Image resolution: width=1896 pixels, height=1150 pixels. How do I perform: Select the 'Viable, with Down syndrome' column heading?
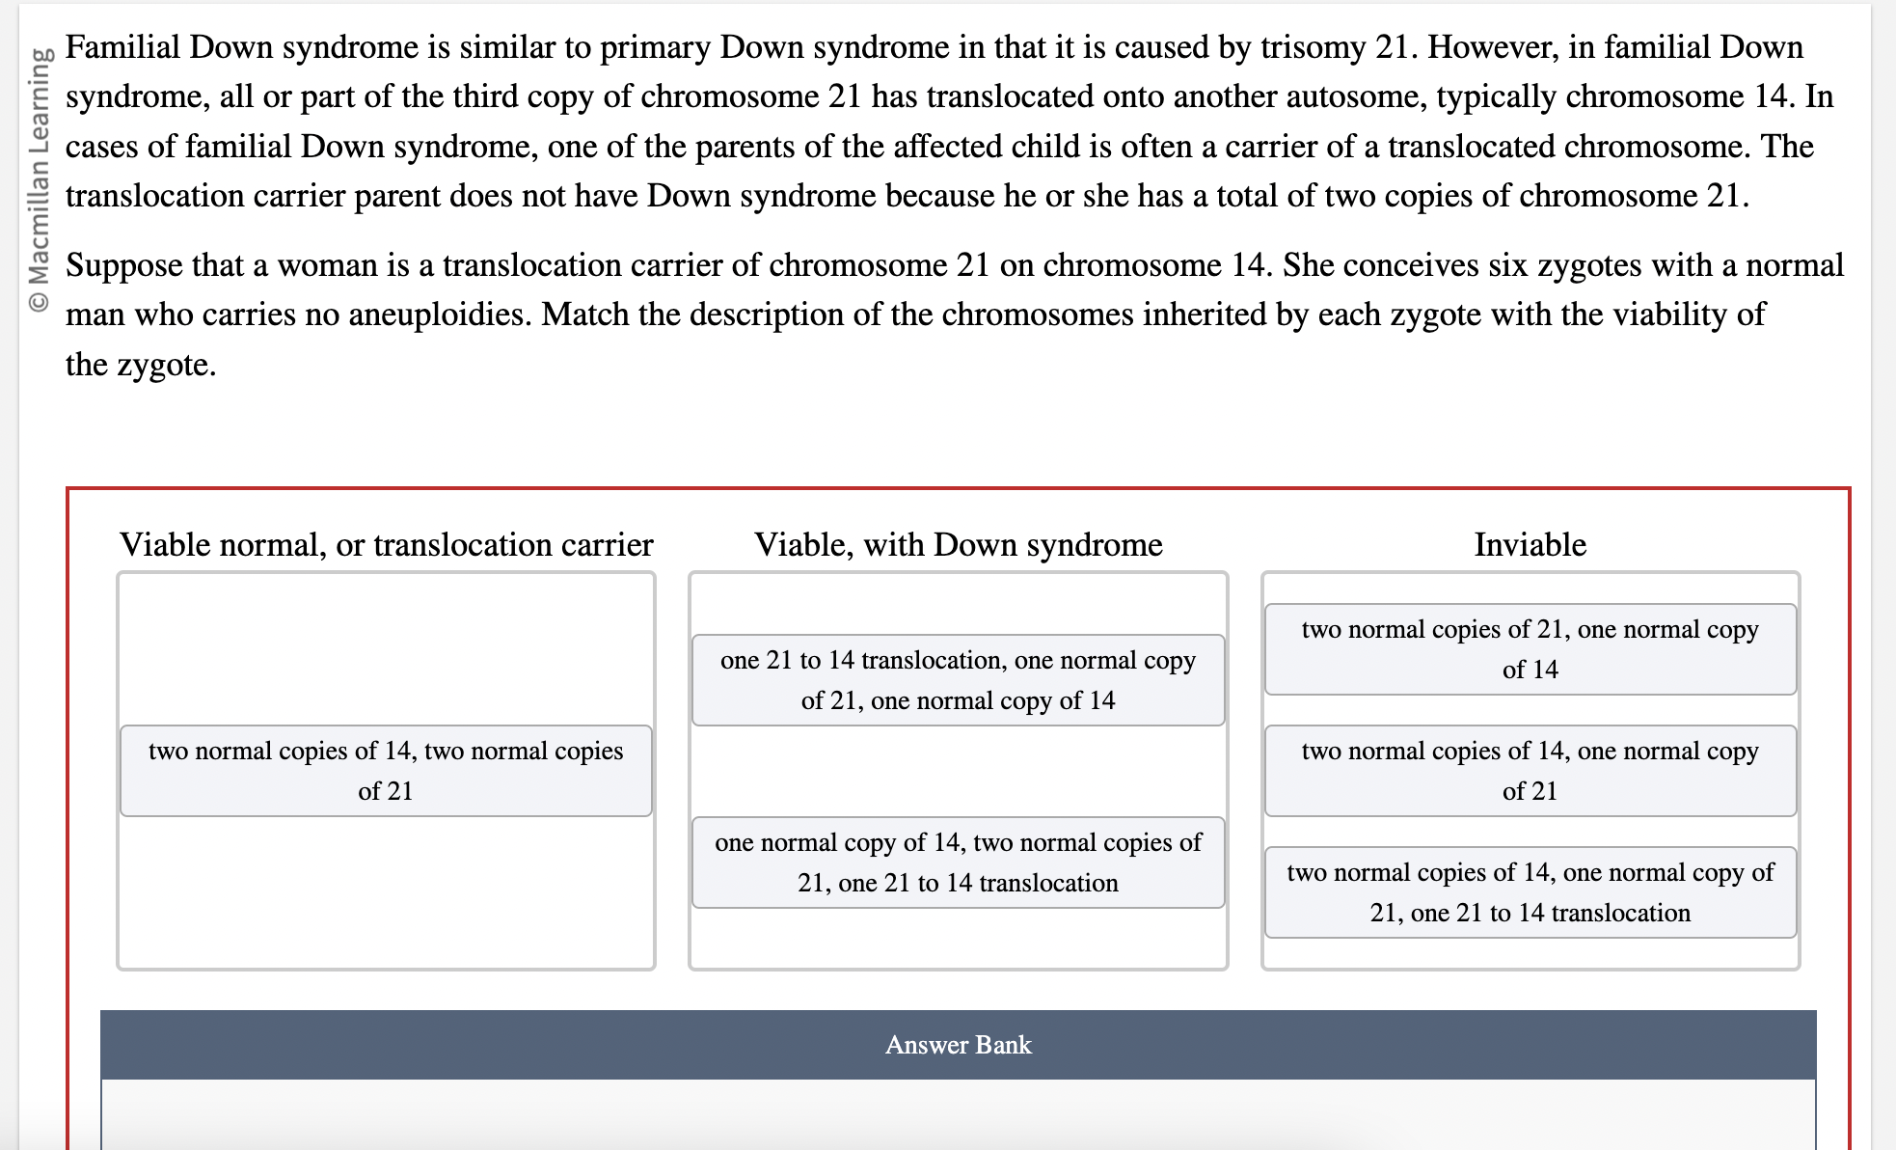958,545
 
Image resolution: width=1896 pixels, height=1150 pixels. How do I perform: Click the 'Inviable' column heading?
1530,545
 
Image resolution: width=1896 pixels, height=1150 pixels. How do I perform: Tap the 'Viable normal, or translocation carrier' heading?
386,545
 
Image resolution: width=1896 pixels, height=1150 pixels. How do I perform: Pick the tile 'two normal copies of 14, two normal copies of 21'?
386,771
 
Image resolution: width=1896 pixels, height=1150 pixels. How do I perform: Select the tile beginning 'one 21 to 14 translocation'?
958,680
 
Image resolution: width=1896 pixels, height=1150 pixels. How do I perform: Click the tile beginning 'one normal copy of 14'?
958,862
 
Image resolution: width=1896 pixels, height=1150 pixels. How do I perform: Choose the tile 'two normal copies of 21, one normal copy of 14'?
1530,649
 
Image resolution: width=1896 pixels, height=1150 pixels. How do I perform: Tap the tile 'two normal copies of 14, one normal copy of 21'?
1530,771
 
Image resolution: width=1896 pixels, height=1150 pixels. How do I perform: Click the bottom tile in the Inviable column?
1530,892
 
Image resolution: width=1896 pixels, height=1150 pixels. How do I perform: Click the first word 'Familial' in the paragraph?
122,47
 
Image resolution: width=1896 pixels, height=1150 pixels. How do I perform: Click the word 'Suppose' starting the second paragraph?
123,265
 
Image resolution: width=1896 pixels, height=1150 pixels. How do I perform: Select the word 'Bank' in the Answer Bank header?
1003,1045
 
